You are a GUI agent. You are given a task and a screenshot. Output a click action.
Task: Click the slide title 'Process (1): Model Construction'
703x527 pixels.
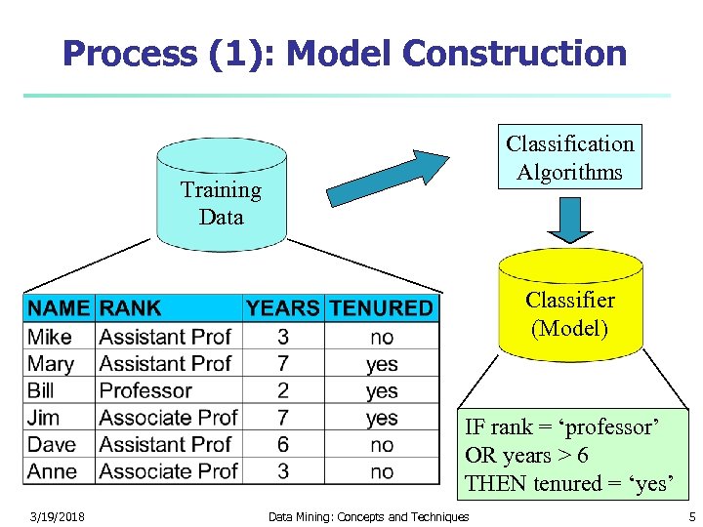pos(344,54)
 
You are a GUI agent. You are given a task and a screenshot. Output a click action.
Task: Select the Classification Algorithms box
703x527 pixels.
pos(569,157)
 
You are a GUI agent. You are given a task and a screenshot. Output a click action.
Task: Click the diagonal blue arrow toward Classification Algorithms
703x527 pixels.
pos(387,177)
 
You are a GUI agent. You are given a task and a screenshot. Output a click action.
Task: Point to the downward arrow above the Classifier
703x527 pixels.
pos(569,222)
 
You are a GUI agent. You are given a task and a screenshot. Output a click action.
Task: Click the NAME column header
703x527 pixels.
pos(59,308)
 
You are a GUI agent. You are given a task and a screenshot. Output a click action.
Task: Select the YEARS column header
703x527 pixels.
pos(282,308)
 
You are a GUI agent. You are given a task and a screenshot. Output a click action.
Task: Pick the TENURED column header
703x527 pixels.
pos(381,308)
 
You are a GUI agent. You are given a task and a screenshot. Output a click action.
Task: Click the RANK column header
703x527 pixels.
pos(131,308)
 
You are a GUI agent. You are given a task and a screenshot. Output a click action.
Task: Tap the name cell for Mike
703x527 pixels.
pos(51,337)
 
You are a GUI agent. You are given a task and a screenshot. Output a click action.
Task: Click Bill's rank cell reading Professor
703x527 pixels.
pos(145,390)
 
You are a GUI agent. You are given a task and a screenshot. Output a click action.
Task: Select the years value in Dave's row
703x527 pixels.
pos(282,444)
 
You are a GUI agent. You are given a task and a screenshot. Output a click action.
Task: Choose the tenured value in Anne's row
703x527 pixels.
pos(382,471)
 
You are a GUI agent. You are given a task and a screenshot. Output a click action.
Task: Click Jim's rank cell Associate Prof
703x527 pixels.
pos(168,418)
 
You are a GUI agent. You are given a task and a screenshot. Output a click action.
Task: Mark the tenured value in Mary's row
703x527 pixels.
pos(382,364)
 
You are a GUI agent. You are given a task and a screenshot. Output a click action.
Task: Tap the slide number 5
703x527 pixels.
pos(691,516)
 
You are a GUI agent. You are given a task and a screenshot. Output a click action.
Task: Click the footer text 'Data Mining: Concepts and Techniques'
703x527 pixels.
pos(368,516)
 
